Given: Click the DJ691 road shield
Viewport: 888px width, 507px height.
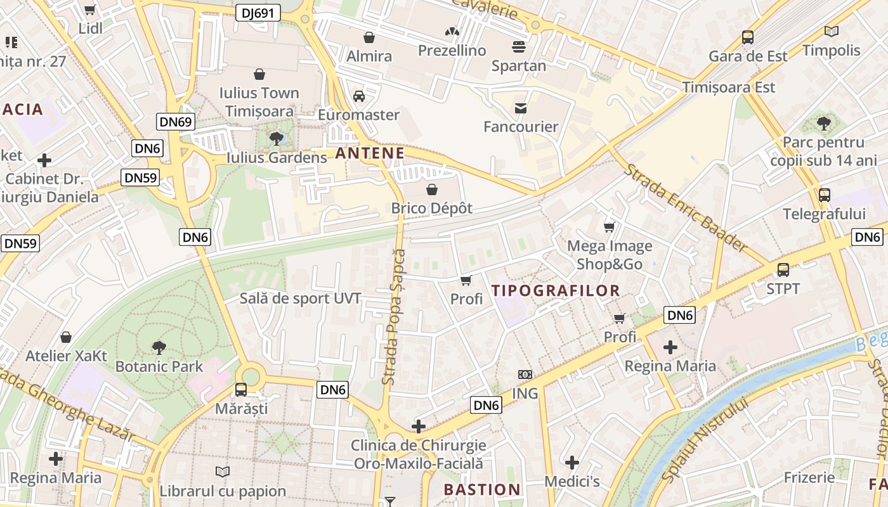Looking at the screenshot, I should (x=258, y=13).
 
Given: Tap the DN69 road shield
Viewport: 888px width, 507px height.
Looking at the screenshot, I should (x=176, y=122).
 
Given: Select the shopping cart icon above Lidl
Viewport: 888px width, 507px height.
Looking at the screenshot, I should (x=90, y=10).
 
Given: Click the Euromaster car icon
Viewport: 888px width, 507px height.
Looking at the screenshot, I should (x=358, y=96).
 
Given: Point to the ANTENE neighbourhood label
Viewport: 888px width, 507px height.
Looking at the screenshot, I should (x=370, y=153).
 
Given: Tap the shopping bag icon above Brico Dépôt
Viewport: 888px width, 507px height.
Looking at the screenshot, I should (x=432, y=189).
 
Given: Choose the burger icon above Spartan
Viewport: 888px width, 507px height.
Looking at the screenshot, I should (x=518, y=47).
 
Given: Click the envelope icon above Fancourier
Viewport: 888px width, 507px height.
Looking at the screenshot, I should (x=521, y=108).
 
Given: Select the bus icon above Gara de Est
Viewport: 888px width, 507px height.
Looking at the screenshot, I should (x=748, y=37).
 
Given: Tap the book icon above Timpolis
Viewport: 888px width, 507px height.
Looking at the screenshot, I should (x=831, y=31).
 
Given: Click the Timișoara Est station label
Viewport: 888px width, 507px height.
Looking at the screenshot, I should (x=728, y=87).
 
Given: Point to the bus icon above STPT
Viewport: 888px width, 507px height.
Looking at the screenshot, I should (x=783, y=270).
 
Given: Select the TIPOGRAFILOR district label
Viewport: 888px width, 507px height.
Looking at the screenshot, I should (x=556, y=291).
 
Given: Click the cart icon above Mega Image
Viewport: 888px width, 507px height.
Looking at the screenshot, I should (x=610, y=227).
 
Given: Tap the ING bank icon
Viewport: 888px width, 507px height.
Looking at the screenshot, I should (x=525, y=375).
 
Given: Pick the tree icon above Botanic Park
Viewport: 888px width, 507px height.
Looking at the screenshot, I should (x=159, y=347).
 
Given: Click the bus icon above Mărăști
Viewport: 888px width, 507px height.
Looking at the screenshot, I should (x=241, y=390).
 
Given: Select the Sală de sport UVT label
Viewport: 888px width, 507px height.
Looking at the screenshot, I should (x=300, y=298).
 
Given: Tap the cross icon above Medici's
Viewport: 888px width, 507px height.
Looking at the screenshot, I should (x=572, y=463).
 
